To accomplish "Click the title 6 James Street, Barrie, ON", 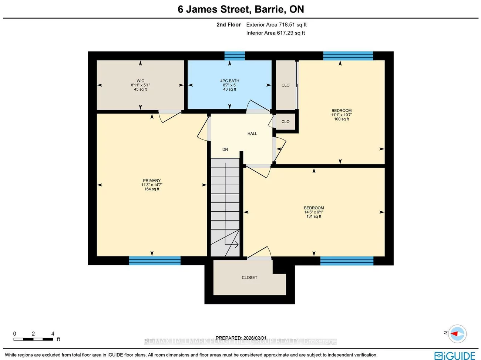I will (x=240, y=9).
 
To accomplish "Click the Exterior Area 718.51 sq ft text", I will (x=276, y=25).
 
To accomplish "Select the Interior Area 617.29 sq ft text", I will (x=275, y=33).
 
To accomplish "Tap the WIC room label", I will (x=140, y=85).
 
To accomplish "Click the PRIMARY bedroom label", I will (x=152, y=185).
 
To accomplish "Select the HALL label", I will (x=252, y=134).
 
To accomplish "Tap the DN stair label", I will (x=225, y=149).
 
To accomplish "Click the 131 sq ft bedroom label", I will (x=314, y=212).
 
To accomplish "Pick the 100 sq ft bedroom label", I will (x=341, y=115).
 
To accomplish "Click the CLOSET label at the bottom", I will (x=249, y=277).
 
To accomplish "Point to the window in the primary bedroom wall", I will (x=155, y=261).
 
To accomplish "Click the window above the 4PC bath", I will (x=235, y=56).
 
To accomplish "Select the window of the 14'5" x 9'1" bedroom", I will (x=347, y=261).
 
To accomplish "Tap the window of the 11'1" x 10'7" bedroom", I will (x=348, y=56).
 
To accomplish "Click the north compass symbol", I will (x=457, y=333).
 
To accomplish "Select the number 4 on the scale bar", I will (x=53, y=334).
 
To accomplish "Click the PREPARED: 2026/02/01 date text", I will (x=241, y=338).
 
